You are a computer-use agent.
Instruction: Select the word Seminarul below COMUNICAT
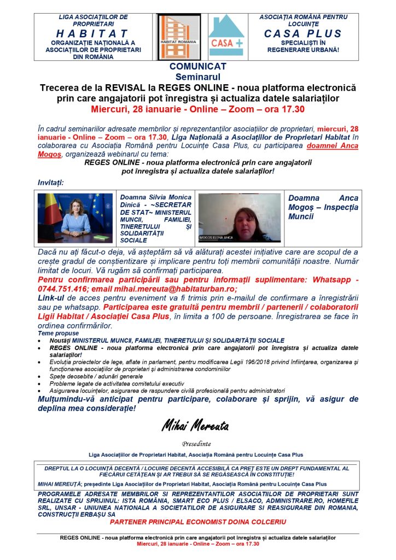click(197, 77)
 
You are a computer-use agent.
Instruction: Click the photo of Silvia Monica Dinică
click(77, 218)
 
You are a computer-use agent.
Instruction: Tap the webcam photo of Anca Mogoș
click(240, 218)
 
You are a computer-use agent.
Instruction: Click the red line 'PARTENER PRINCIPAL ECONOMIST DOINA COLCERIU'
click(197, 521)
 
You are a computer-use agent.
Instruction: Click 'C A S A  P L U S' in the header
click(302, 33)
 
